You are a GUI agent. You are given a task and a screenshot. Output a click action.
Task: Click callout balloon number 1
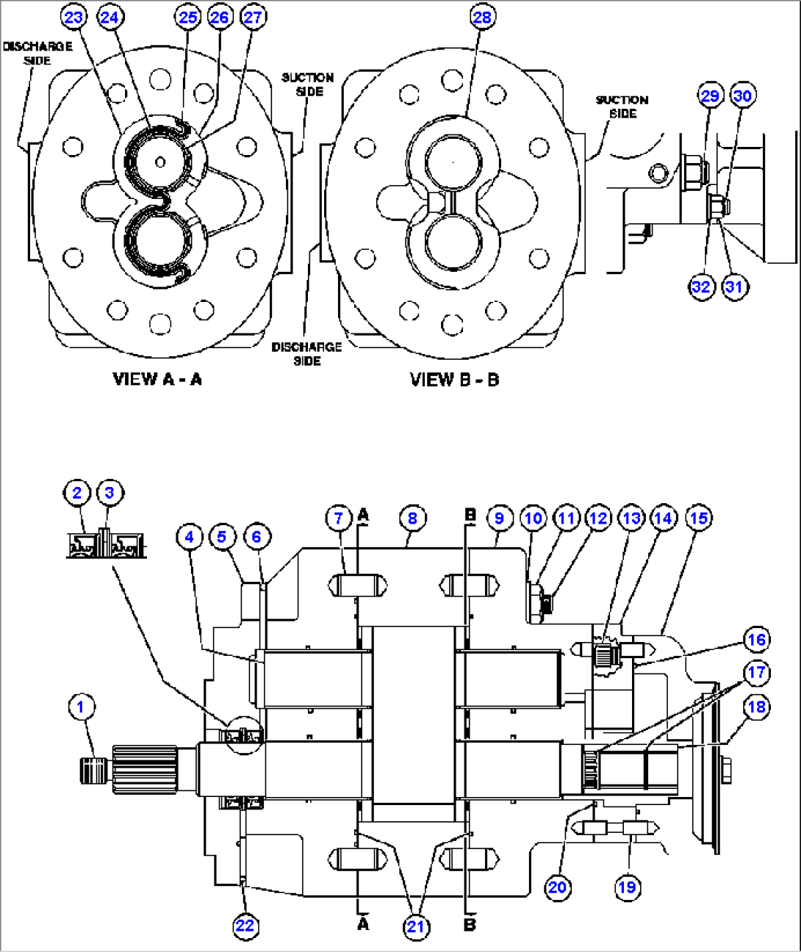(x=82, y=708)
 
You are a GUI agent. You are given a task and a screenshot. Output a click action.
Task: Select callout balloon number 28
(x=482, y=17)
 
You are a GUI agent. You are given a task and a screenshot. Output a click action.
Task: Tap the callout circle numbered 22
(x=245, y=926)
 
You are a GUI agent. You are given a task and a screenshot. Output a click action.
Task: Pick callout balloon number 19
(x=627, y=887)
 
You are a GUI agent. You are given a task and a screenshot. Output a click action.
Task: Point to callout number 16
(x=756, y=640)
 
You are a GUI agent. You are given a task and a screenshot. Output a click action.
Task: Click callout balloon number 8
(x=412, y=519)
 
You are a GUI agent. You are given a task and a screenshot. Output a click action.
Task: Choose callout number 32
(x=701, y=286)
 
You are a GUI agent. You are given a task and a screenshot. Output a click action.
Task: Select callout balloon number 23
(x=73, y=17)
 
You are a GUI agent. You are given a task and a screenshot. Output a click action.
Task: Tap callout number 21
(x=416, y=926)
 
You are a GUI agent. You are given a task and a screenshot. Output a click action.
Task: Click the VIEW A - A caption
(x=157, y=379)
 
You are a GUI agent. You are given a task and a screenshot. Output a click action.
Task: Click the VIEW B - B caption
(x=454, y=380)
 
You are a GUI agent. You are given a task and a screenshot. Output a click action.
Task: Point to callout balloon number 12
(x=598, y=519)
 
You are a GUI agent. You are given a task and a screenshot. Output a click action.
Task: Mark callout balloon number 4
(x=189, y=537)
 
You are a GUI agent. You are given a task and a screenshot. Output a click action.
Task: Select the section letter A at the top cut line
(x=363, y=516)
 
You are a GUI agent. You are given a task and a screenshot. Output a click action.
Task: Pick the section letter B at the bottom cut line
(x=470, y=924)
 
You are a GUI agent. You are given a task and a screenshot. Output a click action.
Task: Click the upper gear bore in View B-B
(x=453, y=163)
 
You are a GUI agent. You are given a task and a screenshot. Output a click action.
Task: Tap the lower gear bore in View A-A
(x=158, y=239)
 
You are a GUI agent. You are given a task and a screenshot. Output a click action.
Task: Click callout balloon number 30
(x=742, y=95)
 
